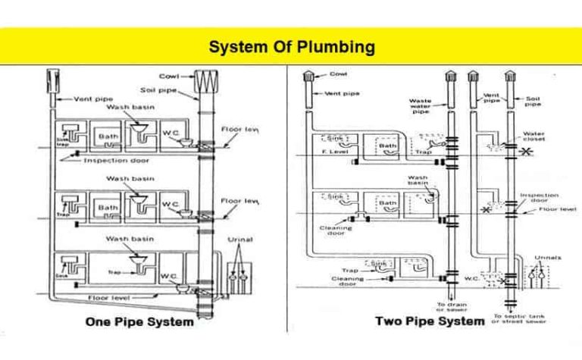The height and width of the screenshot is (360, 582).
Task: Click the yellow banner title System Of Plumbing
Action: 292,47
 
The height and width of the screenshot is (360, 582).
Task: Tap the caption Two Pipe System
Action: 430,321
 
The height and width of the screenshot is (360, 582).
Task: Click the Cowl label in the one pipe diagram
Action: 168,76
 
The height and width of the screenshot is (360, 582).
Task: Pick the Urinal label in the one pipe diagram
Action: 240,239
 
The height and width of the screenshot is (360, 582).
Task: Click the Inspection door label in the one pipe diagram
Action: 116,160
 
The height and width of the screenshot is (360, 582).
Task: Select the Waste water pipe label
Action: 420,105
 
